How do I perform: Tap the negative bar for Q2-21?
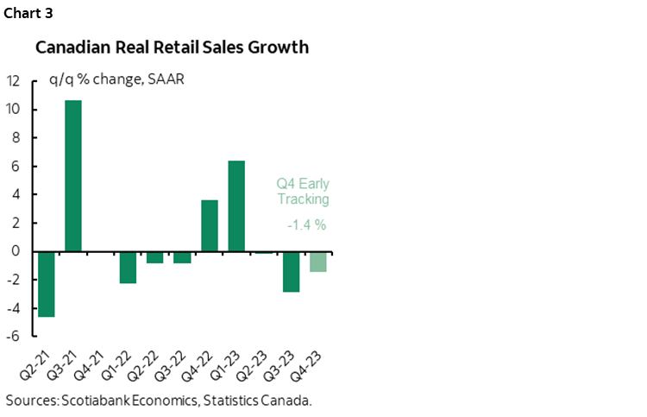tap(47, 284)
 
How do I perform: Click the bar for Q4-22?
tap(210, 225)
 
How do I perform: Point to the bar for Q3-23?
tap(291, 272)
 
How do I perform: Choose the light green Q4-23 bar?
tap(318, 262)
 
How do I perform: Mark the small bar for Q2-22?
tap(155, 257)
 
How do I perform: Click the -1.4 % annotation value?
tap(303, 226)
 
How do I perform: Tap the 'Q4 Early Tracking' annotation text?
tap(303, 192)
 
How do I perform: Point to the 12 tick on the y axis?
tap(13, 82)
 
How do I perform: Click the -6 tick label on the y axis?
tap(15, 336)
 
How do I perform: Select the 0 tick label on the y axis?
tap(17, 251)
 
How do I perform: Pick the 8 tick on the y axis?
tap(17, 138)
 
